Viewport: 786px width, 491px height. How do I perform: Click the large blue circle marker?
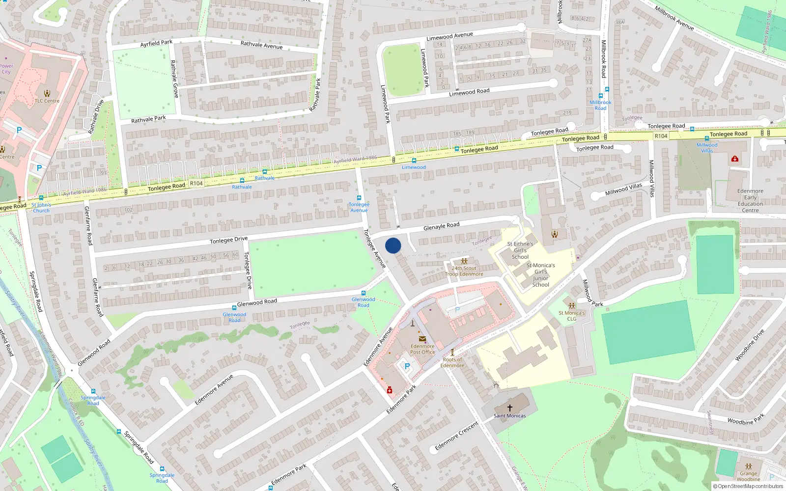point(393,245)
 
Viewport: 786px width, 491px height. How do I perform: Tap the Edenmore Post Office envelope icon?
point(422,339)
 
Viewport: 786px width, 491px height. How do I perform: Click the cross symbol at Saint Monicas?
point(510,408)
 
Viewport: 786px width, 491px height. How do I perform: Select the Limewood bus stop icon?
point(414,161)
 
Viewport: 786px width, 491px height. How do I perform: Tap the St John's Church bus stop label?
point(41,208)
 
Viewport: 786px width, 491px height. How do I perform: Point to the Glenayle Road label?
point(441,226)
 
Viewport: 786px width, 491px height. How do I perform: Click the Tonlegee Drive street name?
point(229,240)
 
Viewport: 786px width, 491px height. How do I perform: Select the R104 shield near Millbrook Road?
point(661,136)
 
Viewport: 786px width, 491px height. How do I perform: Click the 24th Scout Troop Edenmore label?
point(464,271)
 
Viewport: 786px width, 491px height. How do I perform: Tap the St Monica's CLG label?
point(572,316)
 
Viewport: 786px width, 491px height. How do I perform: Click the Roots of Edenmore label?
point(452,362)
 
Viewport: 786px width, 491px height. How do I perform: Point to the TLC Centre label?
point(47,101)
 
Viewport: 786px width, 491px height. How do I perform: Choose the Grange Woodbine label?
point(748,476)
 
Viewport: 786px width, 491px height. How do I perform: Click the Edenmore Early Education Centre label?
point(750,201)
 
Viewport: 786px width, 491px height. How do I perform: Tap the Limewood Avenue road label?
point(449,36)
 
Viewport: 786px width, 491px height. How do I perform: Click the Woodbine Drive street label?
point(750,345)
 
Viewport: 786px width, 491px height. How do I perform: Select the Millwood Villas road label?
point(623,189)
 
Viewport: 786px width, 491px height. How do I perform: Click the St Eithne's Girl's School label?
point(520,250)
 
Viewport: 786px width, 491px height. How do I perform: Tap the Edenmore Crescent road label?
point(456,436)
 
